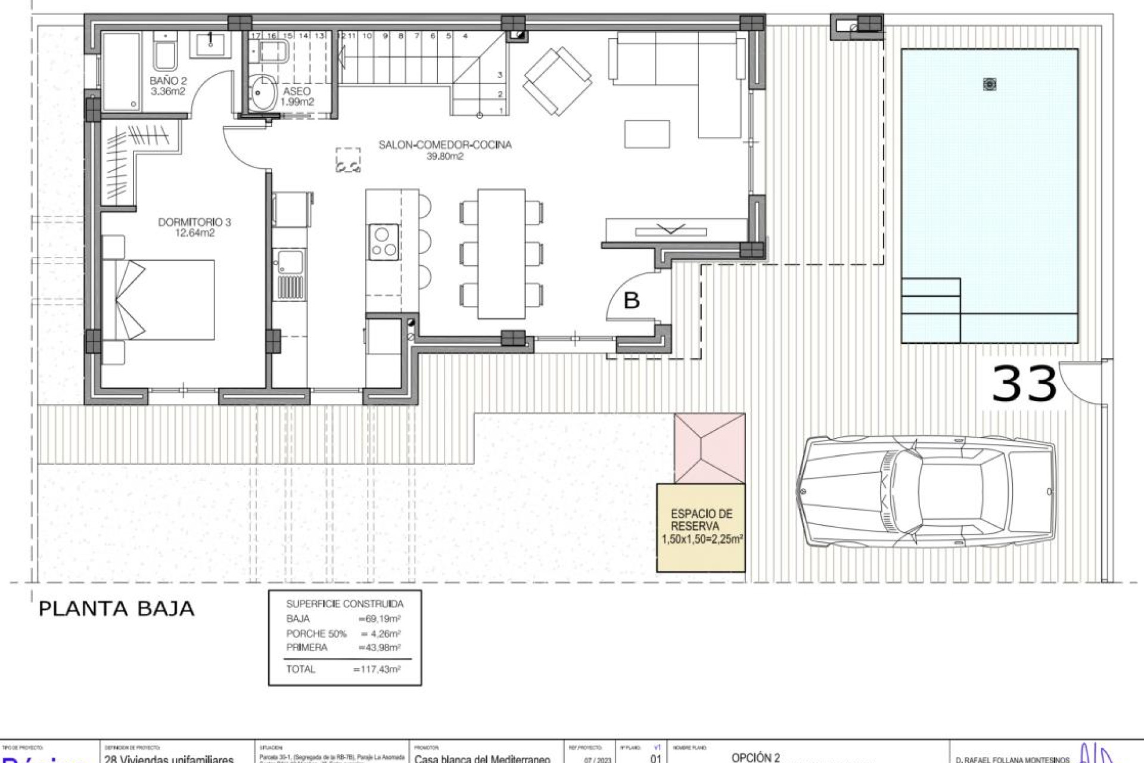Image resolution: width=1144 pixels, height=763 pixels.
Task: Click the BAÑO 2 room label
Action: (168, 86)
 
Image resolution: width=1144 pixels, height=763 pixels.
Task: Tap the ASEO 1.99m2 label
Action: (297, 96)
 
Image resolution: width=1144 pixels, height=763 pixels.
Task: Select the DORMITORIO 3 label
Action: (194, 227)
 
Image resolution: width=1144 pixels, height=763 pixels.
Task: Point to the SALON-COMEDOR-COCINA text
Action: (445, 145)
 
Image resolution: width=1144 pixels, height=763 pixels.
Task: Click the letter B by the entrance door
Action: (631, 300)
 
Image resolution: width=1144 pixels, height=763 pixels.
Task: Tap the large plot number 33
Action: (1024, 384)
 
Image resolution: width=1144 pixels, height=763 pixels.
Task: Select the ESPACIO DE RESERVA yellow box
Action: (701, 528)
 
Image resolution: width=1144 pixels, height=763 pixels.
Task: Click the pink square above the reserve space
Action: (710, 448)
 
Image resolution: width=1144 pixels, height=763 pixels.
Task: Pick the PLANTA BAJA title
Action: (117, 609)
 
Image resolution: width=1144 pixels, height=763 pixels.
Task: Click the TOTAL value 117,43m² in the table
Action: (377, 669)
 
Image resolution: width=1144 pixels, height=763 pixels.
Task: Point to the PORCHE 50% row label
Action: (316, 634)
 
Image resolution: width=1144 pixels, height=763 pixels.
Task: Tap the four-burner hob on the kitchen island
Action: (383, 241)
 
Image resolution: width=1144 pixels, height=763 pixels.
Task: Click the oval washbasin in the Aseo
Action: (262, 92)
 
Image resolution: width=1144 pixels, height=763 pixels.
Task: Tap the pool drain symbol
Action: (990, 85)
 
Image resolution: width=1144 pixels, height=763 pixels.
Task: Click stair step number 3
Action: (500, 75)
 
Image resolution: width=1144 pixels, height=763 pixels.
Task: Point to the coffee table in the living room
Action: (647, 134)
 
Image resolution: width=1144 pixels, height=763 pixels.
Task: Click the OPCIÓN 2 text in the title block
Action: (756, 758)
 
